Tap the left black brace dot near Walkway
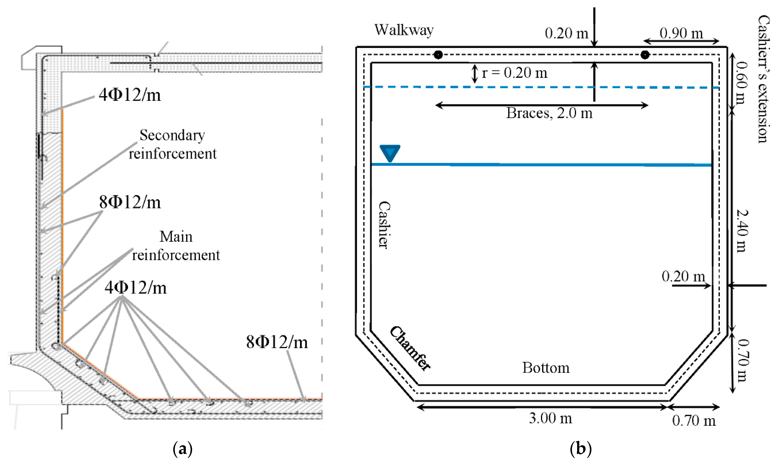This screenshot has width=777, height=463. pos(438,55)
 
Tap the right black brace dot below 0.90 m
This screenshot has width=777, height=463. pos(645,55)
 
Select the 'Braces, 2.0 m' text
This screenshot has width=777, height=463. pos(549,113)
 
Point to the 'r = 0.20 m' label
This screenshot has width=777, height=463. pos(514,73)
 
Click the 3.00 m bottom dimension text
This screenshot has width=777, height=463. pos(550,418)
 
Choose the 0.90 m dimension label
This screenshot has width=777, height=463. pos(681,33)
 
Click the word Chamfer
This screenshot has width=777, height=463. pos(410,348)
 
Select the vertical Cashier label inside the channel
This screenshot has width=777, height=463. pos(384,225)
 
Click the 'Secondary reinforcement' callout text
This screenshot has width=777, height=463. pos(172,144)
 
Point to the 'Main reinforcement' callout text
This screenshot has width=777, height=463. pos(176,246)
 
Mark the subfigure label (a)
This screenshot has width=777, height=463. pos(182,449)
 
